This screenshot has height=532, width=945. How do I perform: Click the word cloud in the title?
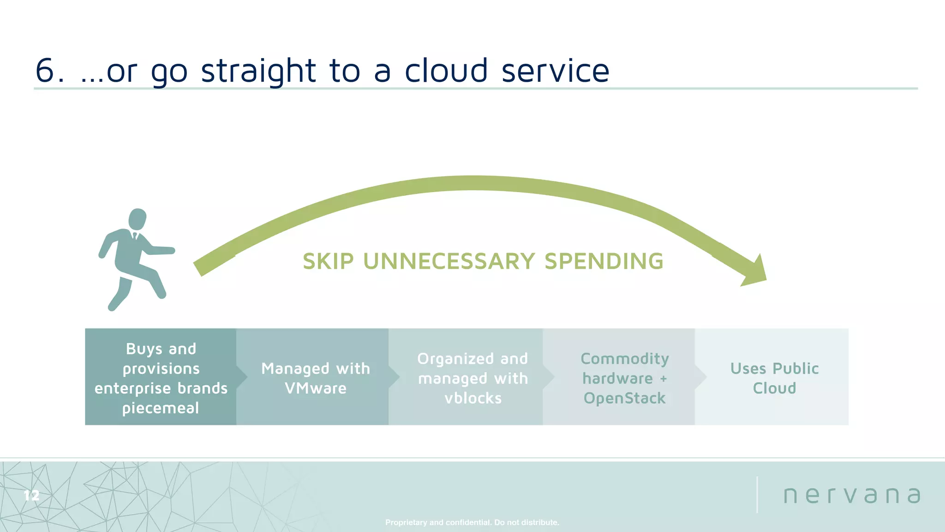coord(446,71)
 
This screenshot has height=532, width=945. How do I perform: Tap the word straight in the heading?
coord(258,71)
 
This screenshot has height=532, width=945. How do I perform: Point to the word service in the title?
coord(555,72)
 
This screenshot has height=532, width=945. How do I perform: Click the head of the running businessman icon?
coord(138,218)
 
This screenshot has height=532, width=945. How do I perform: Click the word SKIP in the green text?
coord(328,261)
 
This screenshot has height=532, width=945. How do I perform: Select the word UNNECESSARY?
coord(449,261)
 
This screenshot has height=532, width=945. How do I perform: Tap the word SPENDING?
coord(604,261)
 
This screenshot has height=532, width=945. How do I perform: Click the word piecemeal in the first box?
coord(161,408)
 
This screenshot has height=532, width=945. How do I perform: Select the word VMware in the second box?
coord(316,388)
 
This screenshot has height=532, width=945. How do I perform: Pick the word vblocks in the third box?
coord(473,398)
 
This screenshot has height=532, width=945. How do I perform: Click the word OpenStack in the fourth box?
coord(624,398)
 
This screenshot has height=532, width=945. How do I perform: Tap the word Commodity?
coord(624,359)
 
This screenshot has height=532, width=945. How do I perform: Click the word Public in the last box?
coord(795,369)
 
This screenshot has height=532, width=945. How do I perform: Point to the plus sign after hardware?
coord(664,379)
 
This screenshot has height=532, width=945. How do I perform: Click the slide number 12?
coord(31,496)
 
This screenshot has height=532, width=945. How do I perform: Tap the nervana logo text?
coord(852,496)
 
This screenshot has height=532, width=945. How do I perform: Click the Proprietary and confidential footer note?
coord(472,522)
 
